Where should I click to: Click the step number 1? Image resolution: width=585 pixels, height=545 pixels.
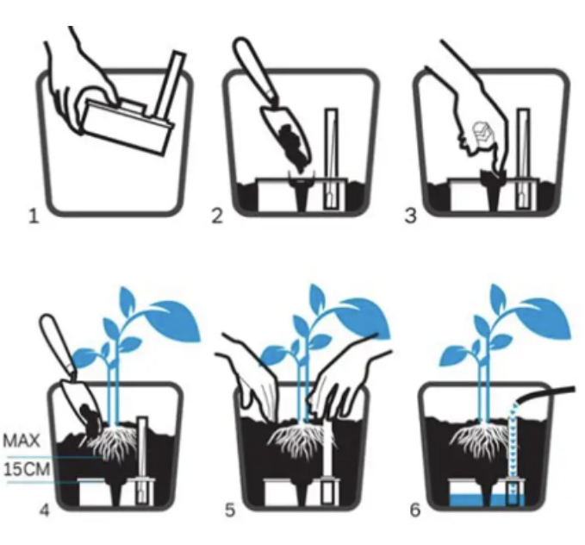click(x=34, y=216)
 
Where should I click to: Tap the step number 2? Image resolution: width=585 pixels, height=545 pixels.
click(x=217, y=216)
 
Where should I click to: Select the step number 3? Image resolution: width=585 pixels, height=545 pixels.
click(x=410, y=216)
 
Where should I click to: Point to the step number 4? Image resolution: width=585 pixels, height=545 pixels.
click(x=45, y=510)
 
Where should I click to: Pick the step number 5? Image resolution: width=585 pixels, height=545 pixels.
click(x=230, y=510)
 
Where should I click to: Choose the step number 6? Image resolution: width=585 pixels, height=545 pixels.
click(x=415, y=510)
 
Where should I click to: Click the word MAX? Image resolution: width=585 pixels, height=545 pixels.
click(x=22, y=441)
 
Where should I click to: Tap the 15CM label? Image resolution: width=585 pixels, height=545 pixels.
click(x=27, y=468)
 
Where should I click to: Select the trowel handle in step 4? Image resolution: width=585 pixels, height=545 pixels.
click(x=59, y=344)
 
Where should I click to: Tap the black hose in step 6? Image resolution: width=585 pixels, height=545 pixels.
click(x=545, y=395)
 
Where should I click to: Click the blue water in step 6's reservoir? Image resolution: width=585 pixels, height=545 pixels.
click(x=487, y=500)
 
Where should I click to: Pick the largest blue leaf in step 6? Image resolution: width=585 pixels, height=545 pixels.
click(x=545, y=316)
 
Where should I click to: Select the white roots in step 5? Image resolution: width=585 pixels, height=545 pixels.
click(x=302, y=441)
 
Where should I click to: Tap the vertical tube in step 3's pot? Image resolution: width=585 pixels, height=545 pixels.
click(x=523, y=159)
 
